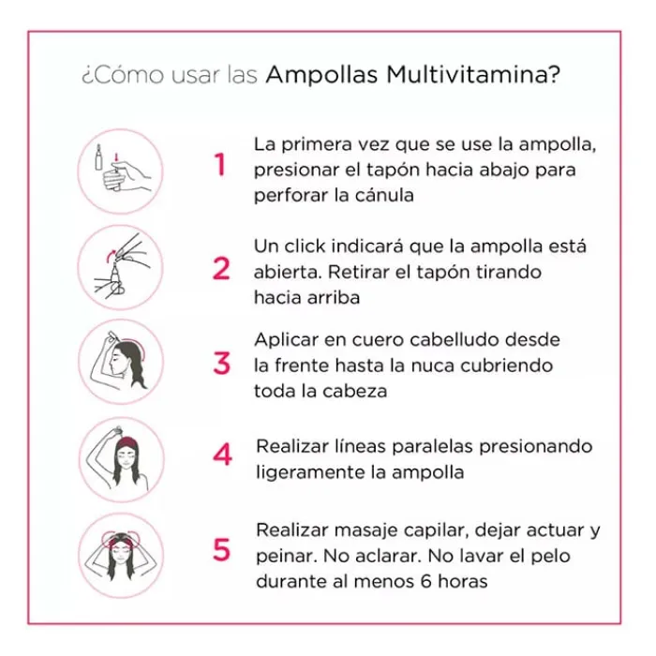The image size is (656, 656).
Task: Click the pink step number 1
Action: pyautogui.click(x=220, y=166)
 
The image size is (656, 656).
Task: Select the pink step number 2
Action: pyautogui.click(x=221, y=269)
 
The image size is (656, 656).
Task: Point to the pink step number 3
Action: pyautogui.click(x=221, y=363)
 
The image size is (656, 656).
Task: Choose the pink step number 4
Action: pyautogui.click(x=222, y=456)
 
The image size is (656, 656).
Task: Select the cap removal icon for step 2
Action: pyautogui.click(x=121, y=267)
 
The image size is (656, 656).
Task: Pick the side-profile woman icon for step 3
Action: pyautogui.click(x=121, y=362)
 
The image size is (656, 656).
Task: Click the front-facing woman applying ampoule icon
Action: pyautogui.click(x=121, y=459)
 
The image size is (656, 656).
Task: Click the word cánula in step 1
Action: pyautogui.click(x=385, y=196)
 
